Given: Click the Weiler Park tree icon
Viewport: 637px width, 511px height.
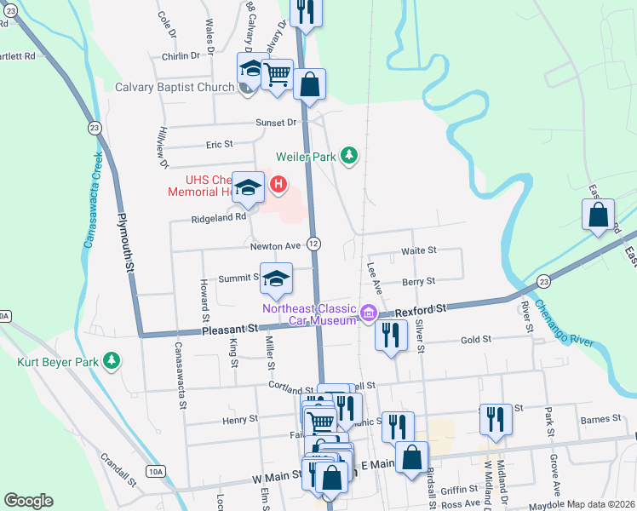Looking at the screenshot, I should (x=348, y=155).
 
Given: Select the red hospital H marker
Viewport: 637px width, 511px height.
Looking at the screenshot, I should (x=278, y=183).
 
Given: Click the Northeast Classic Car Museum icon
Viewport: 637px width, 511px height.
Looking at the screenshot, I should (x=369, y=313).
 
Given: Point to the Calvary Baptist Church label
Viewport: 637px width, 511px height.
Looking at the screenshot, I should (x=175, y=88).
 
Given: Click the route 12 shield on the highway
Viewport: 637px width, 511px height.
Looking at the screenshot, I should (x=313, y=244).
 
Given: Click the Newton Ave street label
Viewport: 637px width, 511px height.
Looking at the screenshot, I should (x=275, y=246).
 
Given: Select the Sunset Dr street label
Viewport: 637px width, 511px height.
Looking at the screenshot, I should (x=276, y=123).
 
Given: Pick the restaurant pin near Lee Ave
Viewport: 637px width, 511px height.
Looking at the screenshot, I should (x=390, y=336).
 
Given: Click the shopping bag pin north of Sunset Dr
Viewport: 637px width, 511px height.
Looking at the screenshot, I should (x=310, y=85).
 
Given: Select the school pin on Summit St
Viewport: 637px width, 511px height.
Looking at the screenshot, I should (x=276, y=279).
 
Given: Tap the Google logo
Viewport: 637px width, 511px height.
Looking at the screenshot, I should (x=28, y=500).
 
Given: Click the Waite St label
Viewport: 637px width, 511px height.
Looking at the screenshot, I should (x=418, y=251).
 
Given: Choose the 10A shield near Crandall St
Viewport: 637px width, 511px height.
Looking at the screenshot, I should (x=154, y=471).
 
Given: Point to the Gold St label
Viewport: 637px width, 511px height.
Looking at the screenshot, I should (x=476, y=339).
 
